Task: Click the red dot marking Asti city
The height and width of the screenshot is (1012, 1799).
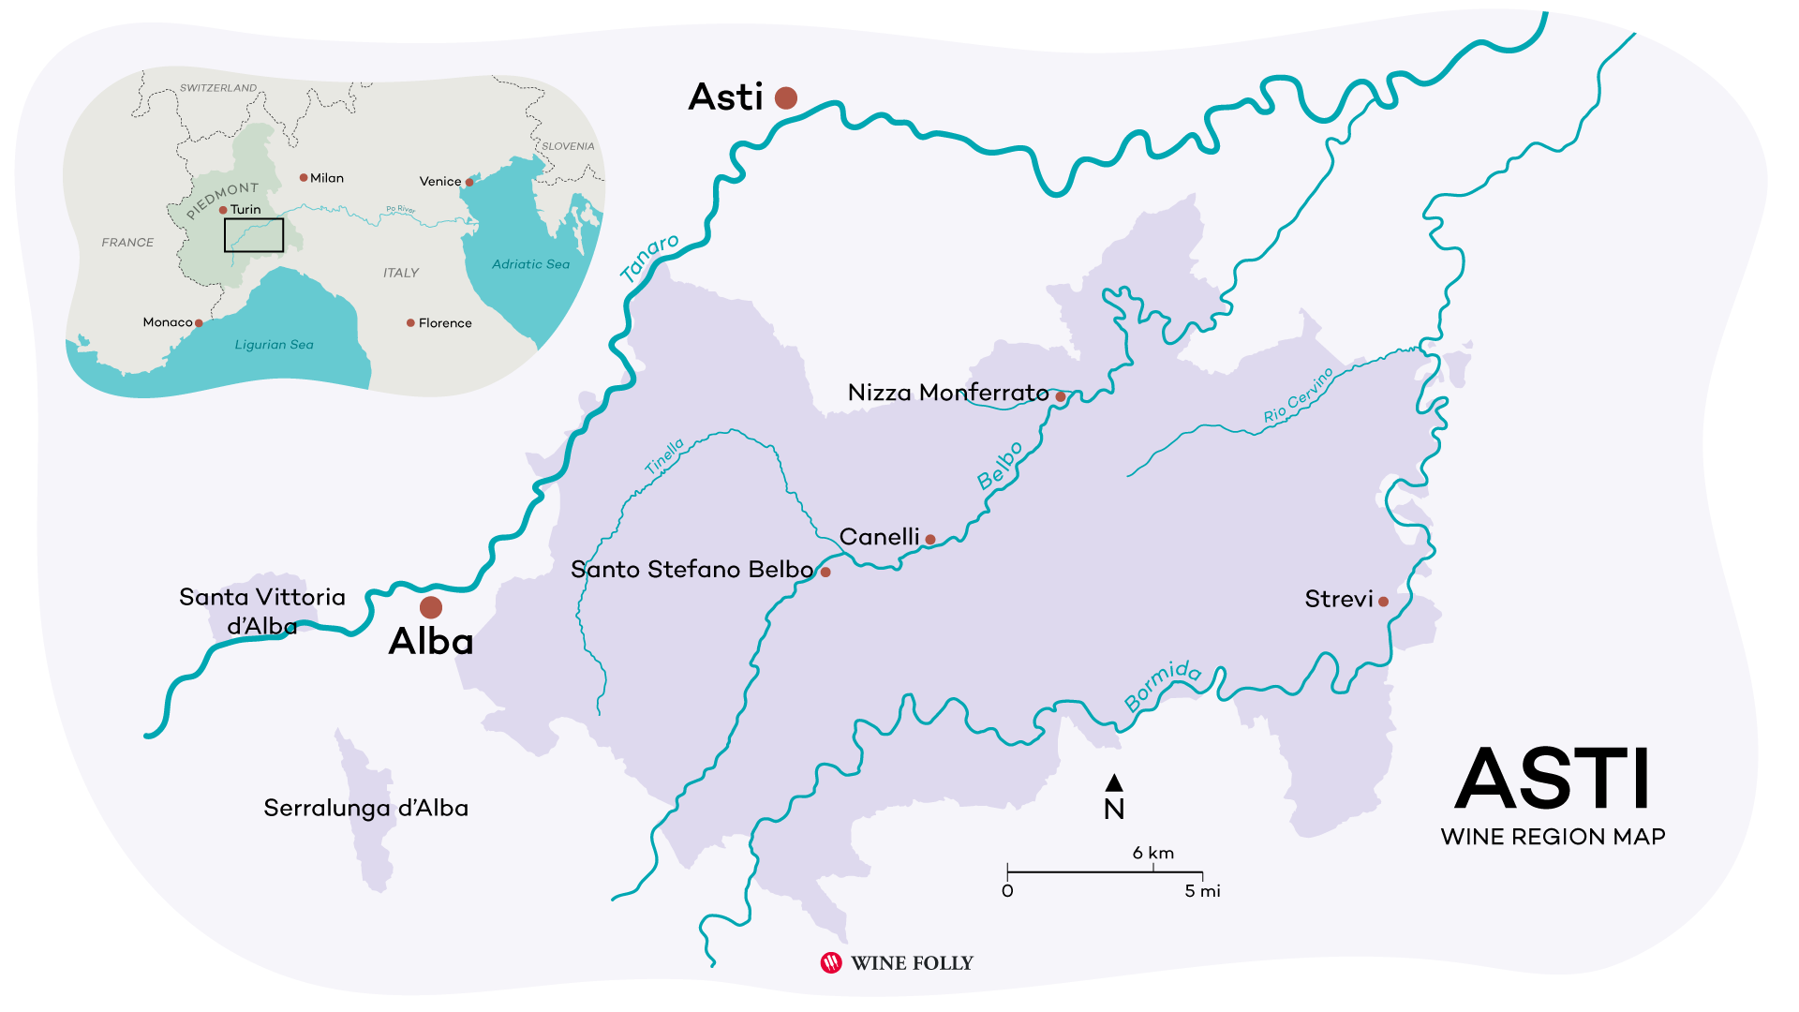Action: point(786,97)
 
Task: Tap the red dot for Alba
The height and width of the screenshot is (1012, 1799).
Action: point(431,607)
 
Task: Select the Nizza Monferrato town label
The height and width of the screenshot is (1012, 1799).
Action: point(947,393)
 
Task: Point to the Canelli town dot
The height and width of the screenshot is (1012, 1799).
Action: point(930,540)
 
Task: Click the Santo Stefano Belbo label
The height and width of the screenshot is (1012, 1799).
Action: point(691,570)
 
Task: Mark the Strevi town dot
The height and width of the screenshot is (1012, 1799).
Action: point(1383,602)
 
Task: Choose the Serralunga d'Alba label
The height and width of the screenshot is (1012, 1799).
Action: point(365,808)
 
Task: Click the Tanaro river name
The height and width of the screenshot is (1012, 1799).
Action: point(649,258)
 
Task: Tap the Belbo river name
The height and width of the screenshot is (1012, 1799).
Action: point(1000,466)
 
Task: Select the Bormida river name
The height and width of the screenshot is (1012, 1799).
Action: point(1163,684)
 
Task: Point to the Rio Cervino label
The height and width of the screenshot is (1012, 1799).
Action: point(1298,395)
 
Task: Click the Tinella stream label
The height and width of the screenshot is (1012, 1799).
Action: point(664,456)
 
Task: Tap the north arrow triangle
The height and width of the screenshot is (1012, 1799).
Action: point(1114,782)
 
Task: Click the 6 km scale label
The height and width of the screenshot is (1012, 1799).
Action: point(1152,853)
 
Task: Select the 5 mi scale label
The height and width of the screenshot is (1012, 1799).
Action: point(1202,891)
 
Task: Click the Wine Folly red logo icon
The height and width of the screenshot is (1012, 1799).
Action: point(831,962)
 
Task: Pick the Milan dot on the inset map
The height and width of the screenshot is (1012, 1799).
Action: point(304,177)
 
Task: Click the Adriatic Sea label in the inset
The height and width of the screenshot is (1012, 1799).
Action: point(530,264)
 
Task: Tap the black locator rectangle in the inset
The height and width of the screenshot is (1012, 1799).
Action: point(254,235)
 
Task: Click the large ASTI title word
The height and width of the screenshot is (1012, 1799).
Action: point(1552,780)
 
